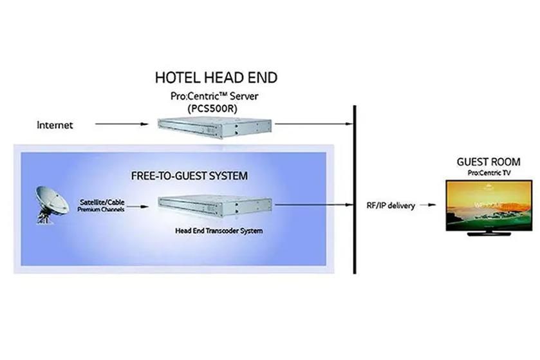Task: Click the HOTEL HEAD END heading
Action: pos(216,79)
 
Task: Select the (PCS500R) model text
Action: pos(216,109)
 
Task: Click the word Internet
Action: pos(55,125)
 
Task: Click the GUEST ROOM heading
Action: pos(488,162)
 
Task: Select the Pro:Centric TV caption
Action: pos(488,174)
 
